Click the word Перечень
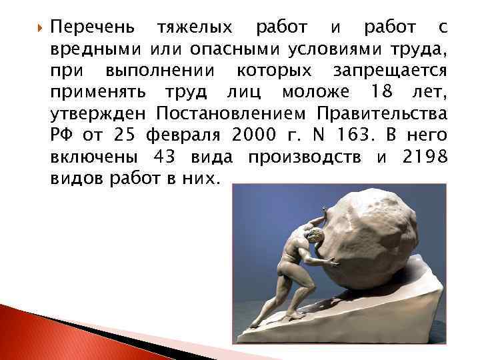tap(95, 28)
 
